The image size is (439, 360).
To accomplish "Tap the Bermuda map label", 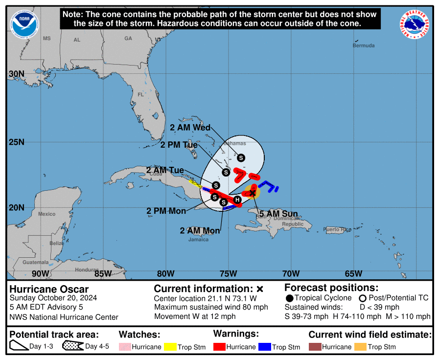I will tap(364, 45).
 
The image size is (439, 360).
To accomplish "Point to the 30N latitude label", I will tap(17, 74).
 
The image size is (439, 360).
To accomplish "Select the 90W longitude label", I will tap(40, 273).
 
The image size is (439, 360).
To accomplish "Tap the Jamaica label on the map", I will tap(198, 239).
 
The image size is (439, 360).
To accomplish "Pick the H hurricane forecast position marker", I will tap(237, 200).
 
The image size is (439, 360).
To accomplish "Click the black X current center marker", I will tap(253, 193).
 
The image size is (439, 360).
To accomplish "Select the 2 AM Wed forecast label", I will tap(190, 128).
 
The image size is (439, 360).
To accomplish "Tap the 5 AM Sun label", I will tap(278, 214).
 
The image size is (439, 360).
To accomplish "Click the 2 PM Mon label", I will tap(166, 211).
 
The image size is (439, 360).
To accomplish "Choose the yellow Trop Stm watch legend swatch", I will tap(170, 347).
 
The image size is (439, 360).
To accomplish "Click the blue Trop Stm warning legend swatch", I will tap(265, 347).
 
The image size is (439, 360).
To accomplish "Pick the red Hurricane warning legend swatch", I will tap(219, 347).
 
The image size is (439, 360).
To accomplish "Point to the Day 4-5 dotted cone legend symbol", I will tap(72, 347).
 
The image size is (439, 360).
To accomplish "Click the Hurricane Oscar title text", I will tap(49, 289).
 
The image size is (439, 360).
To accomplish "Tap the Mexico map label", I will tap(47, 214).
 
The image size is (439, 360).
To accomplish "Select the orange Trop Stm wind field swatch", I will tap(360, 347).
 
